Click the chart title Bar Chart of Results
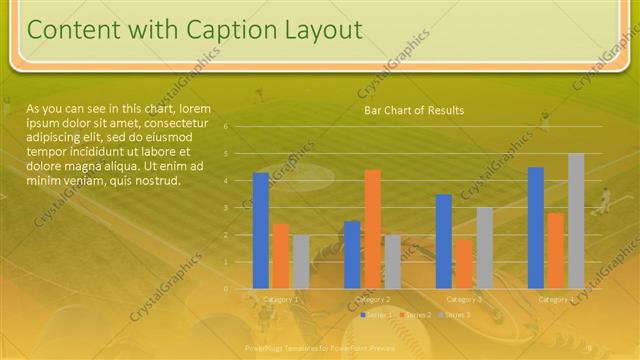tap(413, 110)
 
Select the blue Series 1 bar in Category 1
tap(261, 230)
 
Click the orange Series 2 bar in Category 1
tap(281, 256)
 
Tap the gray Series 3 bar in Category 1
tap(301, 261)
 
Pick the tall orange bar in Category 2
tap(372, 229)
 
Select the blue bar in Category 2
tap(352, 254)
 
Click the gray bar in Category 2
tap(392, 261)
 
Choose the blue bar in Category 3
tap(444, 241)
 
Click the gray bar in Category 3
tap(484, 248)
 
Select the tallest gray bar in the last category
tap(576, 221)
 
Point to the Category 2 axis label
tap(372, 299)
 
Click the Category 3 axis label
tap(464, 299)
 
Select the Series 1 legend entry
tap(376, 315)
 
